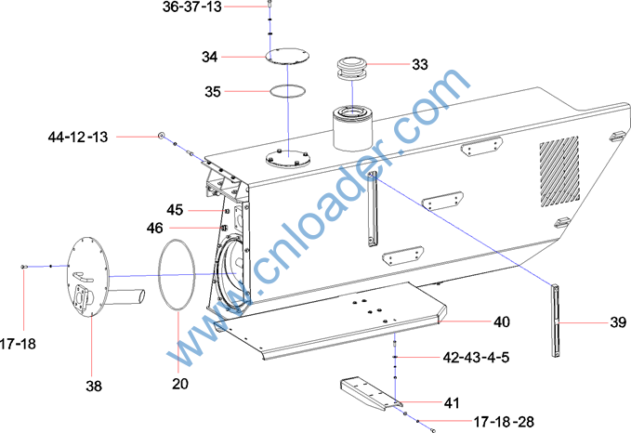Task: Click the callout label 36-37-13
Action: tap(192, 7)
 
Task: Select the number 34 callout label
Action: tap(210, 57)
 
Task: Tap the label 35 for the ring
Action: tap(213, 92)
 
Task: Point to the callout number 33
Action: tap(420, 64)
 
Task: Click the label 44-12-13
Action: tap(78, 138)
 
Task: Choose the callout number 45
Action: tap(175, 210)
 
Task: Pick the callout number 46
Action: tap(155, 229)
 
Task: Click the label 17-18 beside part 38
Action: tap(18, 344)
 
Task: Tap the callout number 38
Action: tap(94, 387)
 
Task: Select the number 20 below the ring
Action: tap(180, 384)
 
